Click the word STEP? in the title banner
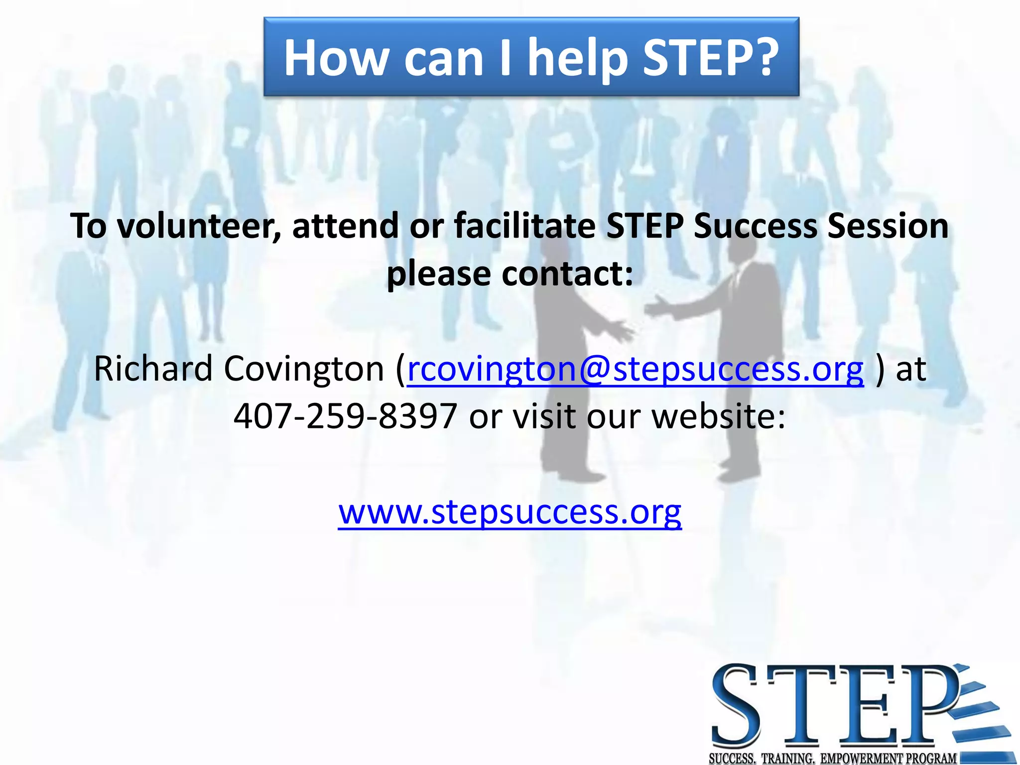711,59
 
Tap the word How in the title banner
336,59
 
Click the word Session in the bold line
888,226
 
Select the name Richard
153,369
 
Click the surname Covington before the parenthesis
304,369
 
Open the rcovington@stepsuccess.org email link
635,369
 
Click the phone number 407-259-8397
345,416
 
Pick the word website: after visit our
718,416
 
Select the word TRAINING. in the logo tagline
788,759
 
